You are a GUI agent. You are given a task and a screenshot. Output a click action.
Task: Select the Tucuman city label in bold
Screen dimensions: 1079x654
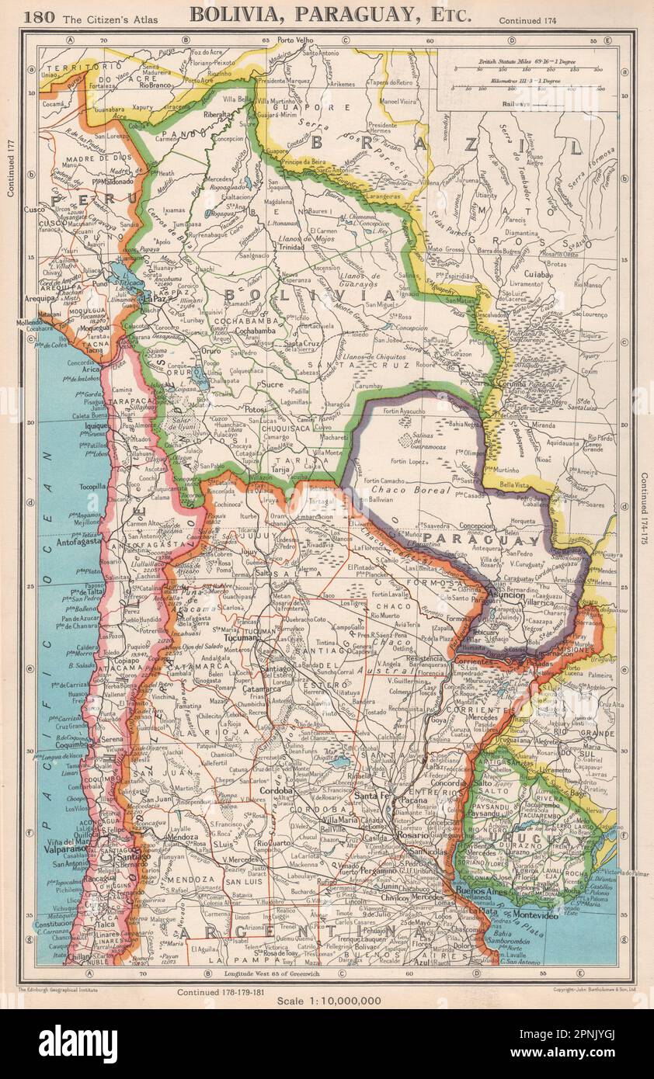240,637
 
